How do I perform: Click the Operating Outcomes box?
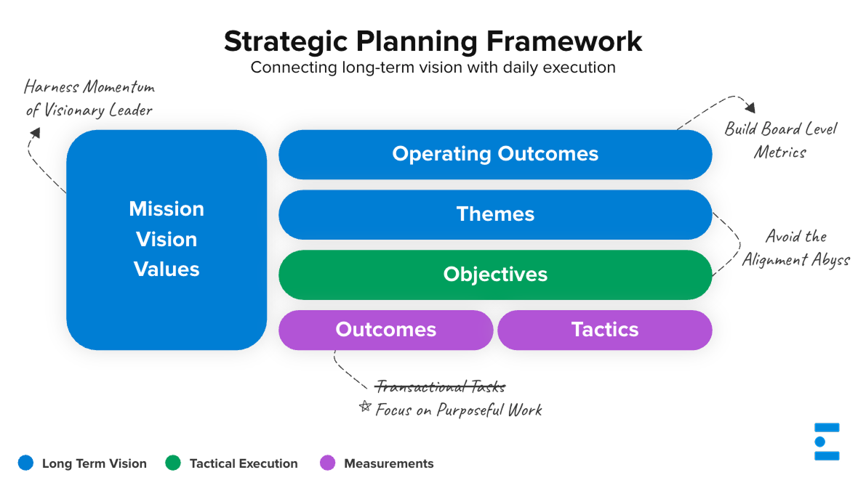point(495,154)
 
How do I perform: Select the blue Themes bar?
point(495,214)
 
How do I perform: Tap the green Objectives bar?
point(495,275)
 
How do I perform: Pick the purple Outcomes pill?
point(385,330)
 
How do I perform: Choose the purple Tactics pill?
point(604,330)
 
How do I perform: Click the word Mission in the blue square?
point(167,209)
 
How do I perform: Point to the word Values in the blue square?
point(167,269)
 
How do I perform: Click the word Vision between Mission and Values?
point(167,240)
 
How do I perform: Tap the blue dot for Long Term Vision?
point(26,463)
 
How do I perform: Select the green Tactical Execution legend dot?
point(173,463)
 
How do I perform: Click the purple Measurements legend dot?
point(328,463)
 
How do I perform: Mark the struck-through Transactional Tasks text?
point(440,386)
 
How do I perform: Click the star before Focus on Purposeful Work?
point(365,407)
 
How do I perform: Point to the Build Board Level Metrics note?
point(780,140)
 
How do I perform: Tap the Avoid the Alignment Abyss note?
point(795,248)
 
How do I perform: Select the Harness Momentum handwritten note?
point(89,99)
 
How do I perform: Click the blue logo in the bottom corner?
point(827,442)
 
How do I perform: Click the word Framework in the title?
point(564,41)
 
